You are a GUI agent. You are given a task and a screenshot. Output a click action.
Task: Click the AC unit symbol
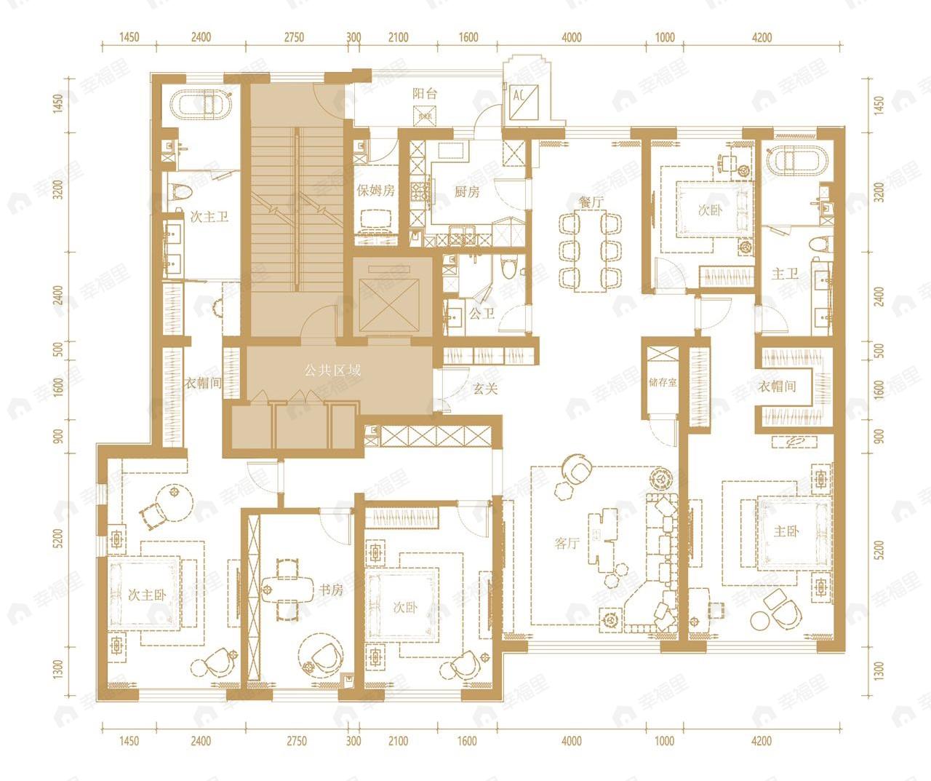(x=525, y=102)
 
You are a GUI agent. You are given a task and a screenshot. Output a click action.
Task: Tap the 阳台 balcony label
(x=425, y=94)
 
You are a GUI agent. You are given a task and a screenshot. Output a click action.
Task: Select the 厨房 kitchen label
(x=467, y=191)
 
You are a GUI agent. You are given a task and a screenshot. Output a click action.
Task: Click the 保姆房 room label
(x=376, y=190)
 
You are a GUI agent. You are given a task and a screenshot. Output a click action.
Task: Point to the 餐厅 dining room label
(x=591, y=202)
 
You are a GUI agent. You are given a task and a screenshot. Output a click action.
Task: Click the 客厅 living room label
(x=567, y=543)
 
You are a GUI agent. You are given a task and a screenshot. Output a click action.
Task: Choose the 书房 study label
(x=331, y=590)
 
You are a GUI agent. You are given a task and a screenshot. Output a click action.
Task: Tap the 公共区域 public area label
(x=332, y=370)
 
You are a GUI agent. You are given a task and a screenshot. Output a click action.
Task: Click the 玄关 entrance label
(x=485, y=389)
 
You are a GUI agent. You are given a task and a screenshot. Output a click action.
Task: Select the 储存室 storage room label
(x=663, y=382)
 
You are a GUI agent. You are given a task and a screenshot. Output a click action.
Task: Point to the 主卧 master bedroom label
(x=786, y=531)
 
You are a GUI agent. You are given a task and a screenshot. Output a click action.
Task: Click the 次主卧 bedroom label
(x=147, y=595)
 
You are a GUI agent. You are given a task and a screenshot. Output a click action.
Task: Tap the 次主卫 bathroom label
(x=209, y=217)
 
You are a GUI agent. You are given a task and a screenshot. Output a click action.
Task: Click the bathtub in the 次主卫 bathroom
(x=201, y=106)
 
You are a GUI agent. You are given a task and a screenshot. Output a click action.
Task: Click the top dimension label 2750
(x=295, y=37)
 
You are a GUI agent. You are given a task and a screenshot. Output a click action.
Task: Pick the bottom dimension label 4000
(x=572, y=741)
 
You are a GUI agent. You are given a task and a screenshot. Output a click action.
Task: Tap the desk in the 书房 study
(x=288, y=590)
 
